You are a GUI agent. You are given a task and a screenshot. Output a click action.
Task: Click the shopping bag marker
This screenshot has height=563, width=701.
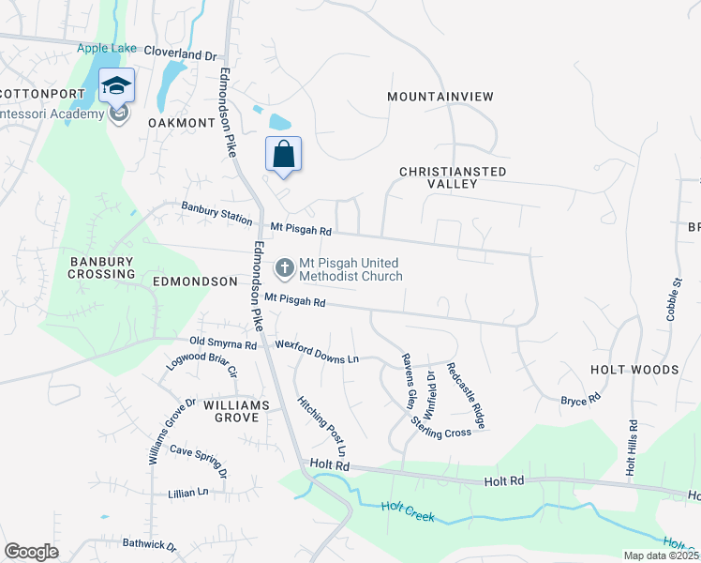point(284,155)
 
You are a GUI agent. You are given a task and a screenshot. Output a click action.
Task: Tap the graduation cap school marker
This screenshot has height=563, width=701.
point(116,86)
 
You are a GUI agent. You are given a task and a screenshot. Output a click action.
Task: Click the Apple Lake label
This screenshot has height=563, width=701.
point(107,48)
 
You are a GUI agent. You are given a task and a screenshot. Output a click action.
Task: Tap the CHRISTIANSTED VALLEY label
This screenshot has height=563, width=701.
point(453,177)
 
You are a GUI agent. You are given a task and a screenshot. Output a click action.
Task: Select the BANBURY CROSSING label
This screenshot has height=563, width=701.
point(101,267)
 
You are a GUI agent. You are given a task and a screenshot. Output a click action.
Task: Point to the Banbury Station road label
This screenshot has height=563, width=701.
point(217,215)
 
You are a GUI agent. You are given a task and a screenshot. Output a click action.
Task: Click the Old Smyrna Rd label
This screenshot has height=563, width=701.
point(222,344)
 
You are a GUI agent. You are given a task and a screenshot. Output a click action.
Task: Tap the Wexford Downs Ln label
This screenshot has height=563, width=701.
point(317,352)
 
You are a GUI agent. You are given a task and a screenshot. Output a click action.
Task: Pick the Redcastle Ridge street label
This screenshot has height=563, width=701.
point(466,395)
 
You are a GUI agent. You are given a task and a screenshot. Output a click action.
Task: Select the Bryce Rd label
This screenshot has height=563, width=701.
point(580,401)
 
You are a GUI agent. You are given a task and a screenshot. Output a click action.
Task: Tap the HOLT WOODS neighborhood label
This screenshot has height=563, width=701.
point(634,370)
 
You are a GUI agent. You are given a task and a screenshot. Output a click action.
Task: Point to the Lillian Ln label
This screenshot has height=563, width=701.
point(188,493)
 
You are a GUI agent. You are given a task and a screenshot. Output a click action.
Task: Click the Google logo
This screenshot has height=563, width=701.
point(32,552)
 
